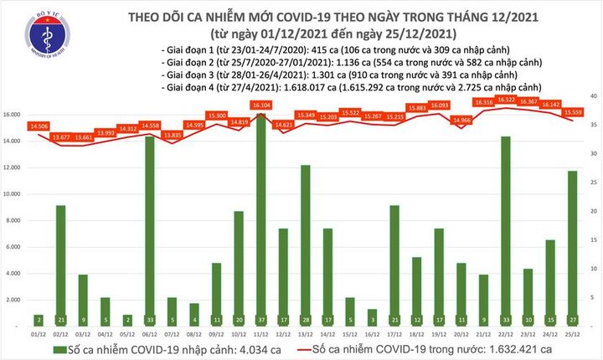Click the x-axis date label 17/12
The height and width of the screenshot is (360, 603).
(394, 333)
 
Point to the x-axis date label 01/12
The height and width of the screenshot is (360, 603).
(38, 333)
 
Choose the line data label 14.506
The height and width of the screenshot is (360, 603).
(38, 126)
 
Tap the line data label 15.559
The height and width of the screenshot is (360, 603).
(573, 112)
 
